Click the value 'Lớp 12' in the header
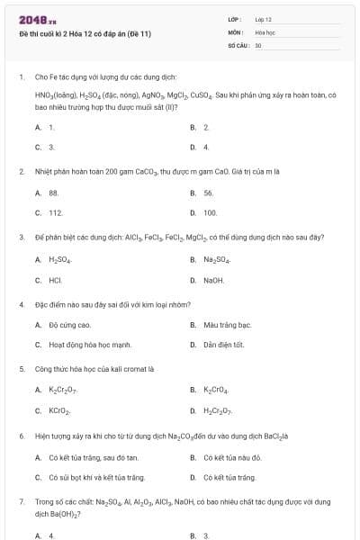pyautogui.click(x=263, y=19)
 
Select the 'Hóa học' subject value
pyautogui.click(x=264, y=31)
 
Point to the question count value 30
pyautogui.click(x=258, y=44)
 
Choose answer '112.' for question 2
pyautogui.click(x=56, y=212)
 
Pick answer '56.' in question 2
pyautogui.click(x=209, y=193)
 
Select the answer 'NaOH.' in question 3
pyautogui.click(x=213, y=280)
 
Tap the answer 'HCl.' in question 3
pyautogui.click(x=55, y=280)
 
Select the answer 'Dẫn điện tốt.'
pyautogui.click(x=223, y=344)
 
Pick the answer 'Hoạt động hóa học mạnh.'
pyautogui.click(x=90, y=344)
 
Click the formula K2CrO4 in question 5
pyautogui.click(x=217, y=390)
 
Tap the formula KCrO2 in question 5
pyautogui.click(x=59, y=410)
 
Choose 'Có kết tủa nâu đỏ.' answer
pyautogui.click(x=232, y=456)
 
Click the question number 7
pyautogui.click(x=21, y=499)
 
